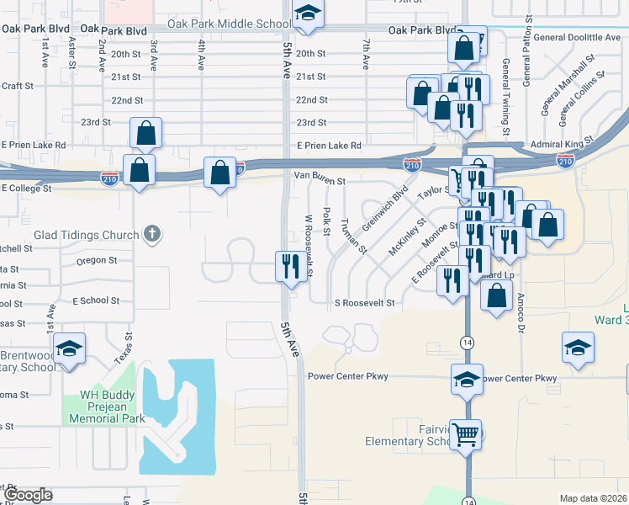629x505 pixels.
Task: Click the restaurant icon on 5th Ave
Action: [289, 267]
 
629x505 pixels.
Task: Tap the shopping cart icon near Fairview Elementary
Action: [465, 434]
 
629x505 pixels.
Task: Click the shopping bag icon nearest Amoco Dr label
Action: [496, 295]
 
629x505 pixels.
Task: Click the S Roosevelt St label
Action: [364, 302]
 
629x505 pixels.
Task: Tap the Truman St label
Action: [354, 237]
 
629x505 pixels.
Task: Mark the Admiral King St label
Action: [562, 144]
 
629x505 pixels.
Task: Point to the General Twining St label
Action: [506, 97]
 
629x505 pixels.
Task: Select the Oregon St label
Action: [98, 260]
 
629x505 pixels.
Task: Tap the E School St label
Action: [96, 300]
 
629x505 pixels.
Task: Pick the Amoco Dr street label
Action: [521, 307]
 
